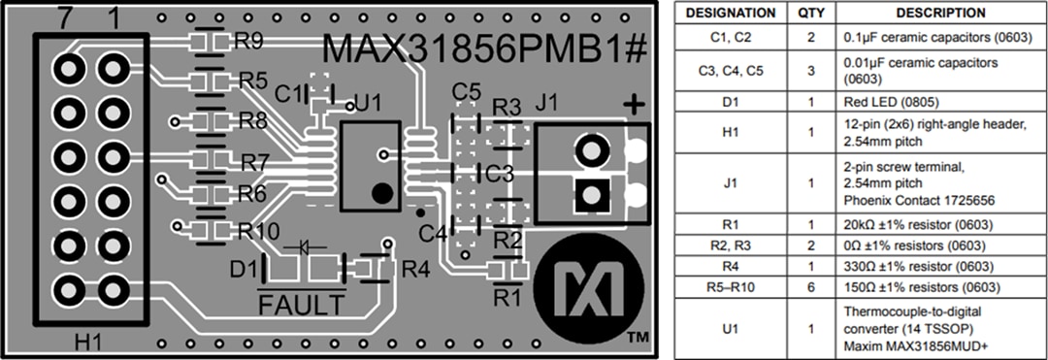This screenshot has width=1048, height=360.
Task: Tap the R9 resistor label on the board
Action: (x=248, y=42)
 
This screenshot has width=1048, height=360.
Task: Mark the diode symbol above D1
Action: (x=311, y=247)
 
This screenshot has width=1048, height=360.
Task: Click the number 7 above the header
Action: (x=68, y=16)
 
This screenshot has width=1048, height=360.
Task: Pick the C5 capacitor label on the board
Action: (x=467, y=92)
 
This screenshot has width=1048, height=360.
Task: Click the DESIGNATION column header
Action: (x=731, y=14)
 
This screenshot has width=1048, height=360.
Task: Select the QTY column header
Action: (x=810, y=14)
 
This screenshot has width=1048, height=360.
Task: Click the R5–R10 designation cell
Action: (x=731, y=286)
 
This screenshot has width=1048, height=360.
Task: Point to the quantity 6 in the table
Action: (x=810, y=286)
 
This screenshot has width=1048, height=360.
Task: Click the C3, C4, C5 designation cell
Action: (x=731, y=70)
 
